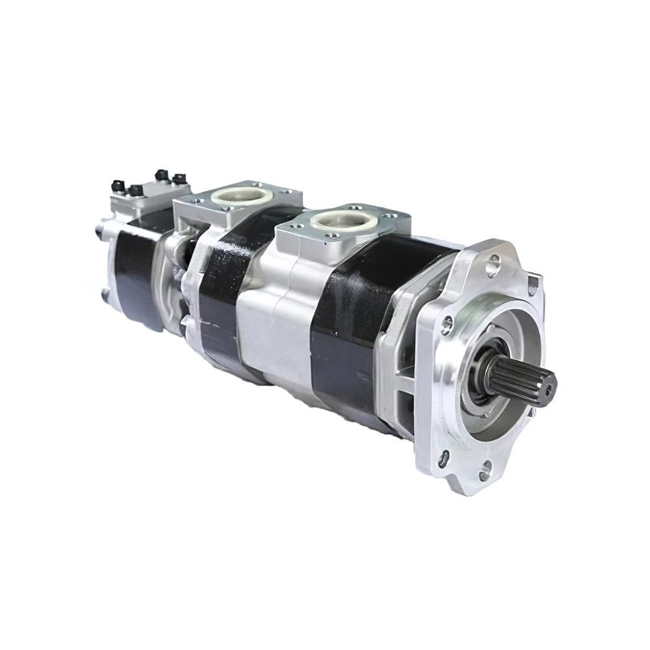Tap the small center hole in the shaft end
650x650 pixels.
[x=549, y=388]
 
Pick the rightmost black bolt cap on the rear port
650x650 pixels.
[x=178, y=178]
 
